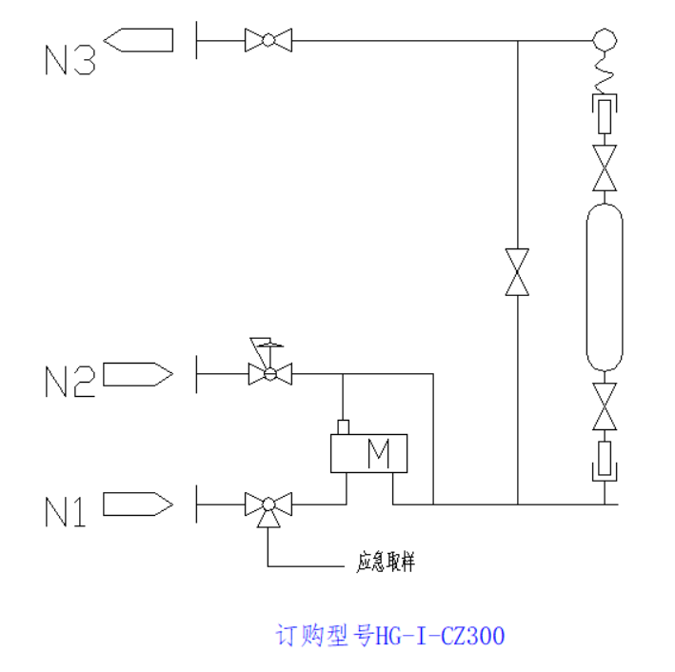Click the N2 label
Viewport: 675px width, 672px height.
[70, 382]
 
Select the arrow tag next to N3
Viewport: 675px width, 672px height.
[139, 40]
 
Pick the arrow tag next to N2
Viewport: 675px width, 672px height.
[137, 374]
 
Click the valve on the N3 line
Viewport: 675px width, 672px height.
[268, 40]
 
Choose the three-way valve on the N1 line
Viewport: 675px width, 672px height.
[268, 504]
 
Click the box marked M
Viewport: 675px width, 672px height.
[368, 453]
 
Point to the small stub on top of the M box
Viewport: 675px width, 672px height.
[344, 426]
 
